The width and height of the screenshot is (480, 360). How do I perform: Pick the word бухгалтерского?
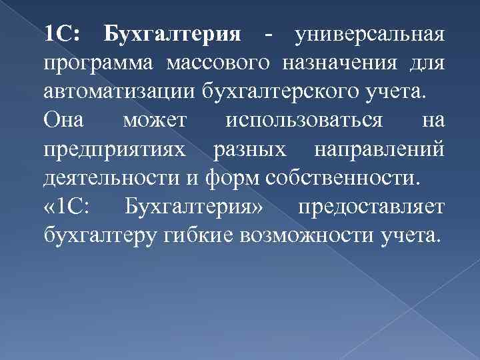coord(281,91)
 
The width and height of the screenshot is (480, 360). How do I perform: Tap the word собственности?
coord(342,178)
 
